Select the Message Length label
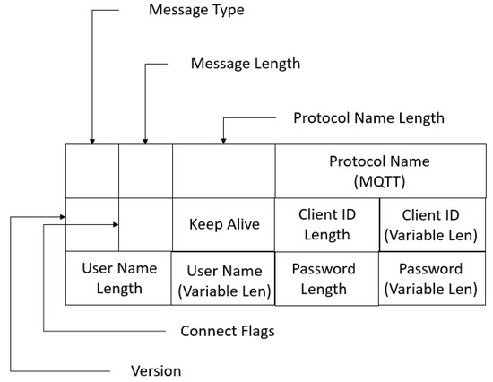click(246, 64)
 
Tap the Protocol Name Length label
click(368, 117)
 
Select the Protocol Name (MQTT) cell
click(379, 170)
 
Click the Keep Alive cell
click(223, 224)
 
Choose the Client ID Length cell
click(327, 224)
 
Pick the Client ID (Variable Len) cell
click(430, 224)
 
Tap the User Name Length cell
click(118, 278)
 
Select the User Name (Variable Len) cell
click(223, 279)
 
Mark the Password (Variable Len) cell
click(430, 278)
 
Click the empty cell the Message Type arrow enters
click(91, 170)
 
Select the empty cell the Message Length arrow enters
click(145, 170)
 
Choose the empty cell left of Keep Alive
click(145, 224)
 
